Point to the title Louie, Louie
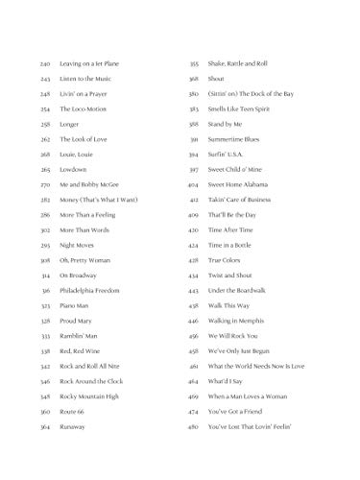[x=79, y=154]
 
